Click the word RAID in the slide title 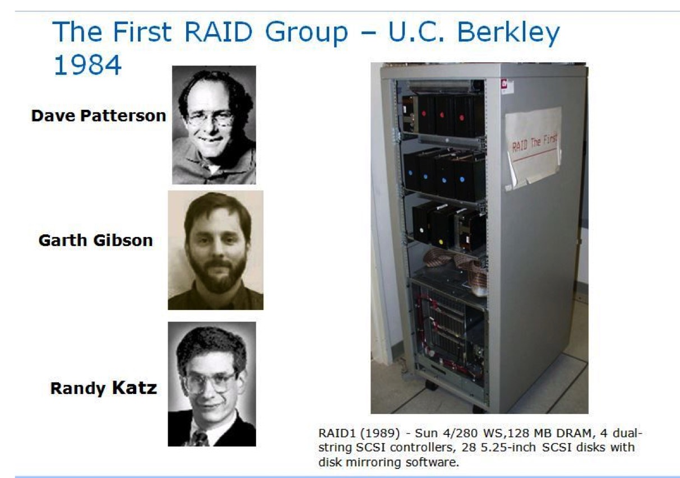219,31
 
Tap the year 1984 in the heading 87,65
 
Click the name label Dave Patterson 99,115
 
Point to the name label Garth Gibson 96,240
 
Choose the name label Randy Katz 104,388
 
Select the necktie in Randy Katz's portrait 200,439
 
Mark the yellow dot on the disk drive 441,243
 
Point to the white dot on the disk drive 422,230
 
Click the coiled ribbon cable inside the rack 455,264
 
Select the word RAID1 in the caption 337,433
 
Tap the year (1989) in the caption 380,433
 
